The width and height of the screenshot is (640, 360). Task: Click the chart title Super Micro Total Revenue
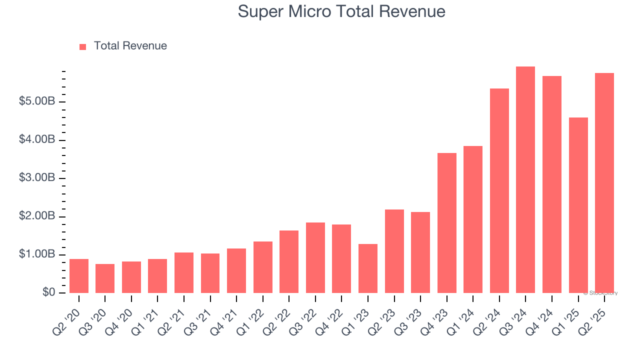coord(341,11)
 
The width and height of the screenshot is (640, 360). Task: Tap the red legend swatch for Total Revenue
coord(83,46)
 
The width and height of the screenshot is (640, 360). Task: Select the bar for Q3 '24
coord(525,180)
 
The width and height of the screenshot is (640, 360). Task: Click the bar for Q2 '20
coord(79,276)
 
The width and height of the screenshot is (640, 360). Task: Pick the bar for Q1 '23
coord(368,268)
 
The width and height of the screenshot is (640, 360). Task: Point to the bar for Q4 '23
coord(447,223)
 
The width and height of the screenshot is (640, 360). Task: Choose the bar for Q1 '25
coord(578,205)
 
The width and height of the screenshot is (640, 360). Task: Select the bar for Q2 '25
coord(604,183)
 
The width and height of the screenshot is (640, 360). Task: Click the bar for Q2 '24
coord(499,190)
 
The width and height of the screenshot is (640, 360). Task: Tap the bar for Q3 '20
coord(105,278)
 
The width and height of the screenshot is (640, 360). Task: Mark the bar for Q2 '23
coord(394,251)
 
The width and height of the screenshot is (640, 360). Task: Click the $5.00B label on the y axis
coord(37,101)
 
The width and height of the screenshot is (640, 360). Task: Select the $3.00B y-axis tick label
coord(37,178)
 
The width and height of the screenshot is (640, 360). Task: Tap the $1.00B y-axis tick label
coord(37,254)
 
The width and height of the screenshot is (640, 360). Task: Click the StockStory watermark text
coord(600,293)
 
